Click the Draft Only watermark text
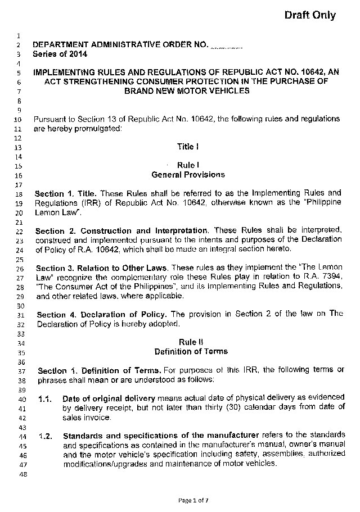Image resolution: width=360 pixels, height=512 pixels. pyautogui.click(x=310, y=16)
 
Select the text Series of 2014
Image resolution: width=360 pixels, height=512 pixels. pyautogui.click(x=60, y=55)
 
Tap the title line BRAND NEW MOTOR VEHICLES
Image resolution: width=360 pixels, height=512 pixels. pyautogui.click(x=187, y=90)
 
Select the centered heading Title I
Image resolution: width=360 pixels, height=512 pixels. pyautogui.click(x=187, y=147)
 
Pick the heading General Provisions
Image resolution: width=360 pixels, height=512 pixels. pyautogui.click(x=187, y=175)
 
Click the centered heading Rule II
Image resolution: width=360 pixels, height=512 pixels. pyautogui.click(x=187, y=342)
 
